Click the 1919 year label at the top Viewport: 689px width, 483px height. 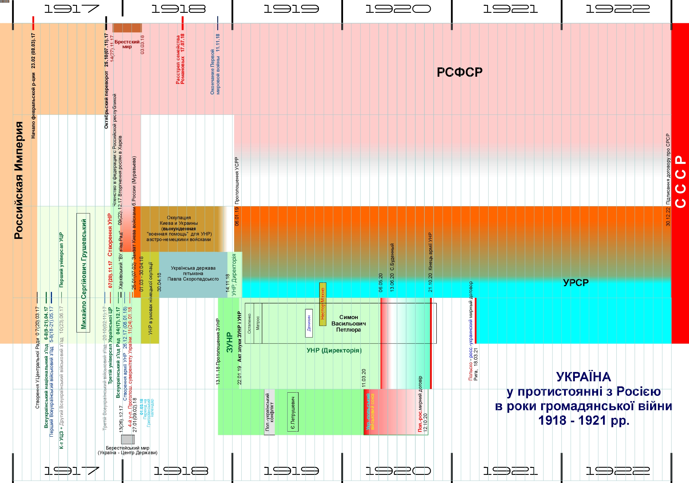tap(291, 9)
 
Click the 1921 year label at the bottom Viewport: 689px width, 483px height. tap(510, 471)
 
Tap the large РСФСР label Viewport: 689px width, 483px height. tap(460, 72)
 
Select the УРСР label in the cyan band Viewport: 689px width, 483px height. tap(575, 282)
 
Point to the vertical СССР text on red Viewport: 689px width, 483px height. tap(681, 181)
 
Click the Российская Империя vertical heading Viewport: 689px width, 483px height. tap(19, 180)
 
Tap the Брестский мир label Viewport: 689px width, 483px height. tap(127, 44)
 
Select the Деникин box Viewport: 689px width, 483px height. tap(309, 323)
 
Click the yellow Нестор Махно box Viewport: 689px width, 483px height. tap(323, 304)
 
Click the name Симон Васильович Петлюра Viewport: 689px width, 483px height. tap(348, 323)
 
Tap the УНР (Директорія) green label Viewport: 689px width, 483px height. tap(334, 350)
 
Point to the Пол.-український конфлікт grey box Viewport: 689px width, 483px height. tap(270, 412)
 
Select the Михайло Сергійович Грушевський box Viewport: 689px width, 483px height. tap(83, 273)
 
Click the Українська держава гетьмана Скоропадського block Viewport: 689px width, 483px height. tap(193, 273)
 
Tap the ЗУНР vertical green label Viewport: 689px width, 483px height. tap(229, 342)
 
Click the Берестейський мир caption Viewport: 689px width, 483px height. tap(128, 450)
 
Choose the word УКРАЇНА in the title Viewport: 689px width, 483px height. tap(583, 377)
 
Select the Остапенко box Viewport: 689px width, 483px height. tap(250, 323)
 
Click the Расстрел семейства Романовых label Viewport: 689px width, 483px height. tap(180, 59)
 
